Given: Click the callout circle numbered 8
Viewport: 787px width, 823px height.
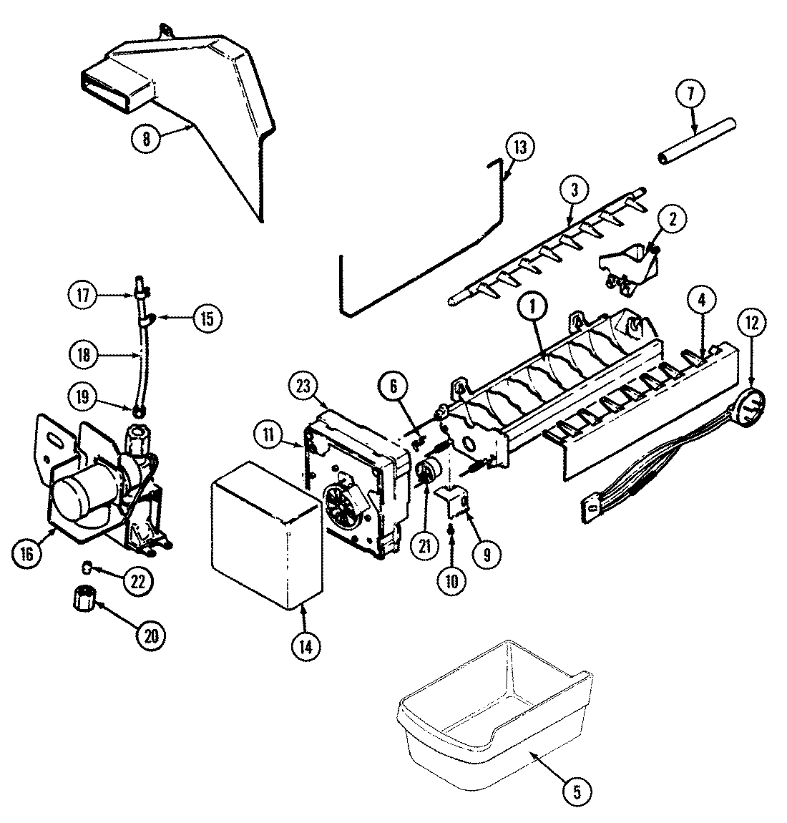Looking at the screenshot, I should (x=147, y=139).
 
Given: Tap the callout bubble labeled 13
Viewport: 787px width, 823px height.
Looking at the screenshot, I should (x=520, y=147).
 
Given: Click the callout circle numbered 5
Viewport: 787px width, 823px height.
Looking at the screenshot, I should (x=577, y=791).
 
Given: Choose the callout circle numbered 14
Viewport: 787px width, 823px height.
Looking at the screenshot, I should (x=305, y=646).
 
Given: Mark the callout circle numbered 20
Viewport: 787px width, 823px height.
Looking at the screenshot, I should (x=151, y=634).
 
